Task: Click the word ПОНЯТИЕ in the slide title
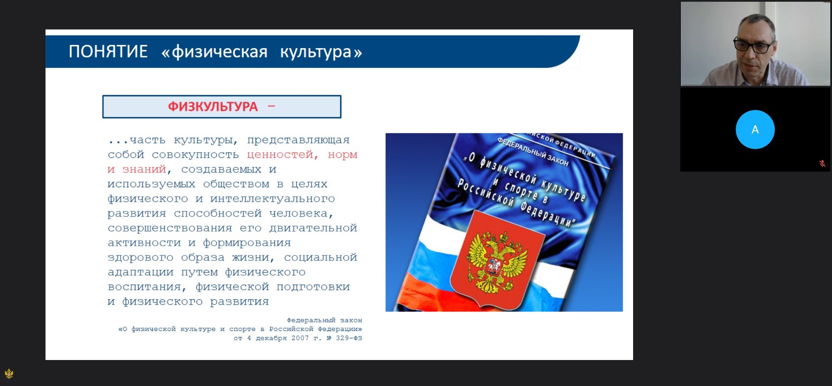click(108, 52)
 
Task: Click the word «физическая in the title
click(214, 52)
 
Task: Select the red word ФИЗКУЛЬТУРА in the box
click(213, 107)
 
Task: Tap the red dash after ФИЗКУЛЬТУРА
click(272, 106)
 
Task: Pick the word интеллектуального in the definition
click(273, 199)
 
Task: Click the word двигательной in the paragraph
click(313, 228)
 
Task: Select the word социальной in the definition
click(321, 257)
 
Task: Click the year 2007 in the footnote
click(300, 338)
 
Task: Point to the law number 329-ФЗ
click(349, 338)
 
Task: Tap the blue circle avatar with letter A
click(755, 130)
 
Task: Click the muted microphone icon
click(822, 163)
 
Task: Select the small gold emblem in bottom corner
click(9, 373)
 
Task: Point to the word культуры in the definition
click(206, 140)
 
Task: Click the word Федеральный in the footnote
click(311, 320)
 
